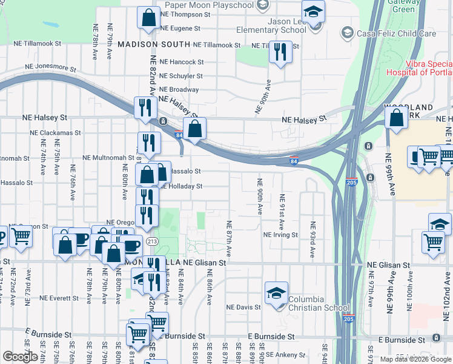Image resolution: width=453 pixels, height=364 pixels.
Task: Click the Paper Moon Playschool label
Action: (x=209, y=5)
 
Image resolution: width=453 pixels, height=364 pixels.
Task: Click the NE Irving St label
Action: (x=280, y=235)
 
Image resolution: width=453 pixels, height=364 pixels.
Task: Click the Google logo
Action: (x=20, y=357)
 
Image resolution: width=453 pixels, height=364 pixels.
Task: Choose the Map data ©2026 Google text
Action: (x=415, y=359)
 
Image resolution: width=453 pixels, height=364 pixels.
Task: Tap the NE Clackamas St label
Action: (x=59, y=132)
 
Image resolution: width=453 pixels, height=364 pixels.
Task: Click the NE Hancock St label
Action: (x=182, y=62)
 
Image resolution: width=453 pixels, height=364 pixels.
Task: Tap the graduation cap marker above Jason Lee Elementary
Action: (x=313, y=11)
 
